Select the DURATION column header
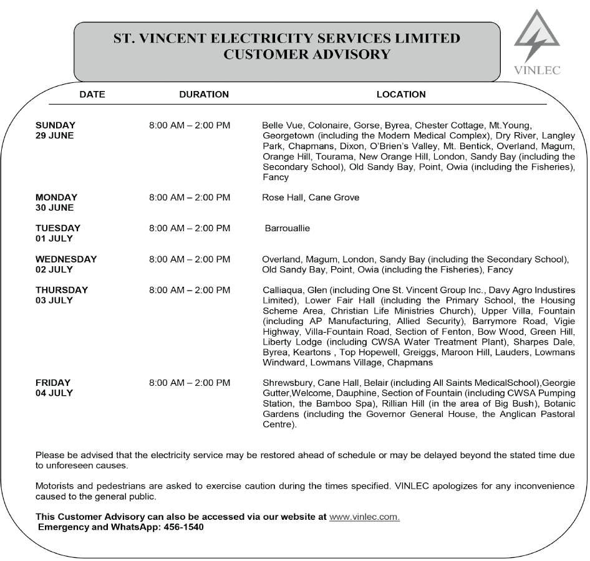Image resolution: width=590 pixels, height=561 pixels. coord(204,95)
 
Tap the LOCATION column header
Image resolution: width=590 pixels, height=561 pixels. coord(401,95)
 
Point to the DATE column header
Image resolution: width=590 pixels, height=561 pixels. coord(92,95)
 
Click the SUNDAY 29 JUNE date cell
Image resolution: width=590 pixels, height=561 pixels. coord(56,130)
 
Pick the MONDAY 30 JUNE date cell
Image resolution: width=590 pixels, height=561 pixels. coord(56,203)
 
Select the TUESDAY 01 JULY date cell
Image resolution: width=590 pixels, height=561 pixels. coord(58,233)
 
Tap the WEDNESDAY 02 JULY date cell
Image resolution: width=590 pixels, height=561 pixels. coord(66,264)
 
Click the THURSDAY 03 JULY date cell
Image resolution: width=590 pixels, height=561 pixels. coord(62,295)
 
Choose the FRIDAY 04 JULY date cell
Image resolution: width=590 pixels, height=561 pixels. coord(54,388)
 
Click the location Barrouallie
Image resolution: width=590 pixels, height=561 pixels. coord(288,228)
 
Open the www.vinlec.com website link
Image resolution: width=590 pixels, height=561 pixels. coord(364,517)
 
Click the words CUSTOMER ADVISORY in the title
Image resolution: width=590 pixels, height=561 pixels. coord(307,55)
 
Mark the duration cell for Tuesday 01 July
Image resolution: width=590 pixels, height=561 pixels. coord(190,228)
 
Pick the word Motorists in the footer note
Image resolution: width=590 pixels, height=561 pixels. coord(55,486)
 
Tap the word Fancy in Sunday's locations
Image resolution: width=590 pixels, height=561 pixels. coord(276,178)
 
